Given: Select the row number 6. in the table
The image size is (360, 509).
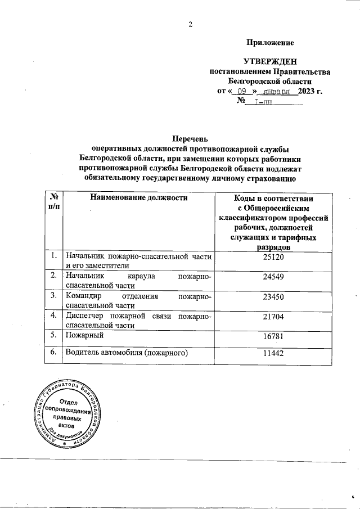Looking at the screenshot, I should click(x=53, y=353).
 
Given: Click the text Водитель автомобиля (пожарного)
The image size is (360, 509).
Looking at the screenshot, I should click(x=126, y=353).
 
